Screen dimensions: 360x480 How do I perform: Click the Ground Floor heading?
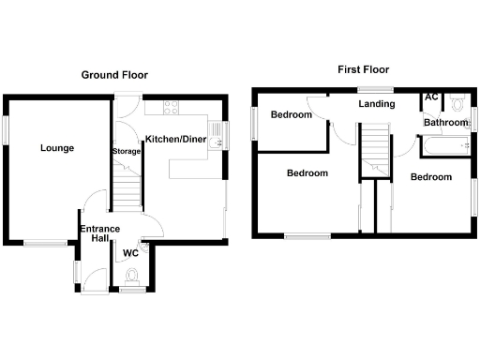114,75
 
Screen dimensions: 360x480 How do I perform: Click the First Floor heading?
365,69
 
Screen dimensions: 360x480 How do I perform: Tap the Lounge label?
57,148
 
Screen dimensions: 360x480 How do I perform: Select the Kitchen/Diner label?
175,139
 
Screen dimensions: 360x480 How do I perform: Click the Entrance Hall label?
97,234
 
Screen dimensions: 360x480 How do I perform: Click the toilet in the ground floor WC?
132,275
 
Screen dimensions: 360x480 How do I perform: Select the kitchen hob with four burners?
171,108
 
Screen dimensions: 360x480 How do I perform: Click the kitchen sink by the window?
215,141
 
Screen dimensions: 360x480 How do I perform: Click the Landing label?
376,104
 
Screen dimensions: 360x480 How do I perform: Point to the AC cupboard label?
432,97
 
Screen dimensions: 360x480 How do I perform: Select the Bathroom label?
444,123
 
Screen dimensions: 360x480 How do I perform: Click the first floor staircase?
375,150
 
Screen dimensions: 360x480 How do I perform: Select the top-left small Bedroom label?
291,115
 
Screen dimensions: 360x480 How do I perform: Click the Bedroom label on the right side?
431,177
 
